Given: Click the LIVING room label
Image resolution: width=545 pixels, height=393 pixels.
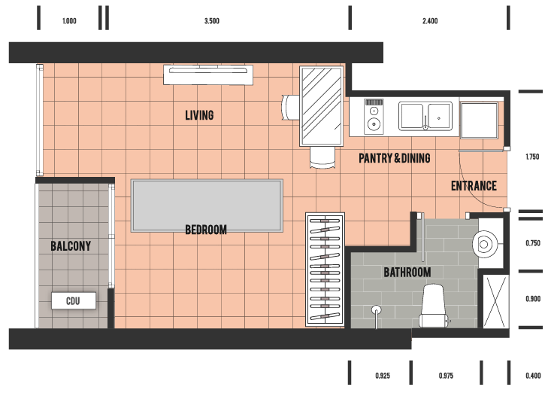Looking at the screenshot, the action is tap(199, 115).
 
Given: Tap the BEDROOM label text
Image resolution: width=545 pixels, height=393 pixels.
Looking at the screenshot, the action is tap(206, 230).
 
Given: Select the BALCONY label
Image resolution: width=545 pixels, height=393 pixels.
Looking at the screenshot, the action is tap(71, 246).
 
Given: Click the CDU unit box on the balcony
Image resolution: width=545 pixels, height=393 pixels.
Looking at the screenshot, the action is tap(74, 300).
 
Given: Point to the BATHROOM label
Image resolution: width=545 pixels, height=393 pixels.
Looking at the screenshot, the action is tap(407, 273).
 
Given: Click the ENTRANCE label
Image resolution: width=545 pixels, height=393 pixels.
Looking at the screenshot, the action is tap(474, 186).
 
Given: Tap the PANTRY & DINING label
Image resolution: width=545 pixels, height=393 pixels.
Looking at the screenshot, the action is tap(395, 158).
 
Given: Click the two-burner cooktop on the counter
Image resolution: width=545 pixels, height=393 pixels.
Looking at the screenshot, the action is tap(374, 117).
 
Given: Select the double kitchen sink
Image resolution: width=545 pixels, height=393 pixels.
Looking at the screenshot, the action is tap(425, 116).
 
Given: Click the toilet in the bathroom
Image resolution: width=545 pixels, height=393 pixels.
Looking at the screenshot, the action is tap(434, 306).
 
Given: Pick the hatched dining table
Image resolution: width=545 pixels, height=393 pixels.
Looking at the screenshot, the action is tap(322, 106).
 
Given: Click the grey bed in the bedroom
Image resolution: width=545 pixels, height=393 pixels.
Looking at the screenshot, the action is tap(207, 206).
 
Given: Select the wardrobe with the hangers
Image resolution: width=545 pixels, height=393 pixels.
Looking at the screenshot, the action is tap(325, 270).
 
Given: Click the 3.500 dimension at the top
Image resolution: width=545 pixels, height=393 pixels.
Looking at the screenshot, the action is tap(212, 21).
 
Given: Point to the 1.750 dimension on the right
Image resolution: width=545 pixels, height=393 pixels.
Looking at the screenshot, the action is tap(532, 157).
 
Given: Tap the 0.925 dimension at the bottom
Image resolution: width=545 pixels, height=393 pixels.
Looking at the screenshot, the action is tap(383, 376).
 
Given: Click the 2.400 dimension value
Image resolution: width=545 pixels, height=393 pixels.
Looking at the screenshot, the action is tap(430, 21).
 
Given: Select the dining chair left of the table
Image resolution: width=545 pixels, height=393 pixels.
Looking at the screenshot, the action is tap(291, 108).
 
